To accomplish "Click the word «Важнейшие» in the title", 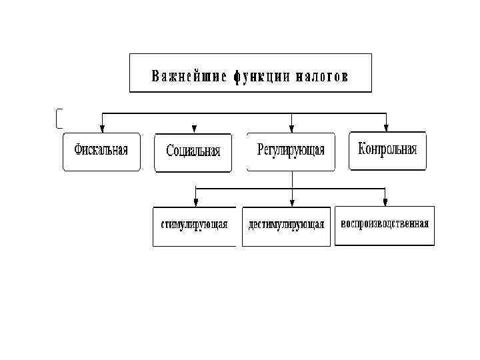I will coord(189,74).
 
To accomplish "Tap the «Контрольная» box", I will coord(387,150).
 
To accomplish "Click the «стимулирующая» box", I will coord(194,225).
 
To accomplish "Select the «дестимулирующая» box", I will coord(286,225).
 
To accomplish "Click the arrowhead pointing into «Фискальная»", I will coord(101,129).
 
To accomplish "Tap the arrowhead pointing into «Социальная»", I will coord(194,129).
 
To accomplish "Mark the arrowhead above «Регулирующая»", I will coord(291,129).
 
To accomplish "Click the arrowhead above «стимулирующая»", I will coord(195,202).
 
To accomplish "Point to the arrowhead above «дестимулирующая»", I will coord(292,202).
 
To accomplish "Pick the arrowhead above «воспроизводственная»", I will coord(385,202).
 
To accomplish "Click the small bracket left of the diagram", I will coord(59,118).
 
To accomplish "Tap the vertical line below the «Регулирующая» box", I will coord(291,180).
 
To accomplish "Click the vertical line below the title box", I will coord(251,101).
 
